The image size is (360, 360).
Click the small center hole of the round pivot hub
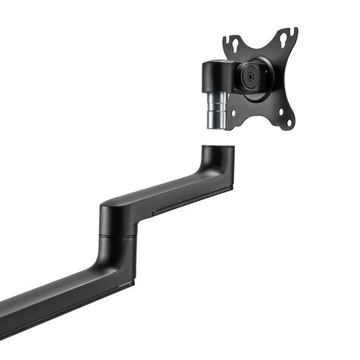249,76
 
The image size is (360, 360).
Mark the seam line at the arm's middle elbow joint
117,236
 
